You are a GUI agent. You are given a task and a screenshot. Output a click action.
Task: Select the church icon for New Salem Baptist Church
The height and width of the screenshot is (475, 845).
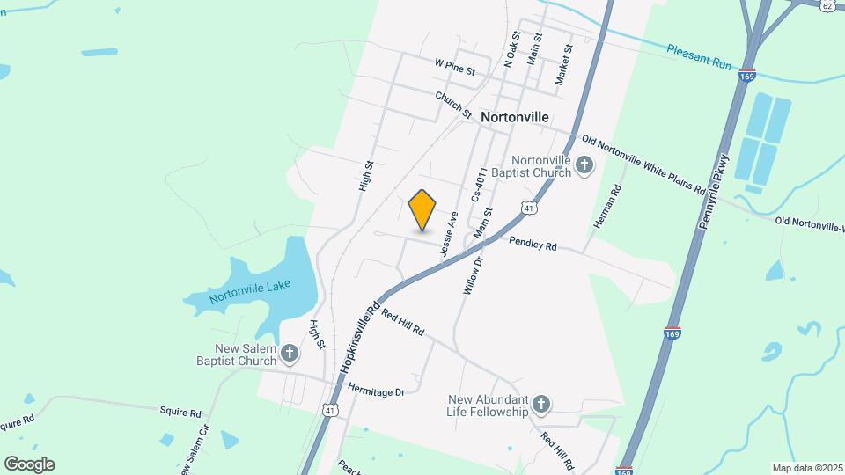[290, 354]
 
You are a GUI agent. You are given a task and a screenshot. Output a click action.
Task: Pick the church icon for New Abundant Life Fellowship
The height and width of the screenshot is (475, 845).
[541, 405]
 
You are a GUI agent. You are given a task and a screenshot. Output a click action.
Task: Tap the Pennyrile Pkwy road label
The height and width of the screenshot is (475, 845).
[714, 193]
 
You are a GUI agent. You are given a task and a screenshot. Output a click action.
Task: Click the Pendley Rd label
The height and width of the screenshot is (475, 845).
[533, 244]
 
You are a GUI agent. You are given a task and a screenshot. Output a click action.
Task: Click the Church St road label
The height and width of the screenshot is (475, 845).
[453, 106]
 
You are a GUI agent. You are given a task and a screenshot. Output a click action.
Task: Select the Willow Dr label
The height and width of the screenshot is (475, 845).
[473, 274]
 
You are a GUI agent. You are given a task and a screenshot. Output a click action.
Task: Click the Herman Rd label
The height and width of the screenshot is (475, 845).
[609, 208]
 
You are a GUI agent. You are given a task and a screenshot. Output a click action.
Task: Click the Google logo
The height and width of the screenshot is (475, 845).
[29, 464]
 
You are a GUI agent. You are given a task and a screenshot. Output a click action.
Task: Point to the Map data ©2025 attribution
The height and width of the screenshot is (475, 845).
[805, 468]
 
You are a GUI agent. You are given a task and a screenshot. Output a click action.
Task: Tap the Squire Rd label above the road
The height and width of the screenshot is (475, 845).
[180, 411]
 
